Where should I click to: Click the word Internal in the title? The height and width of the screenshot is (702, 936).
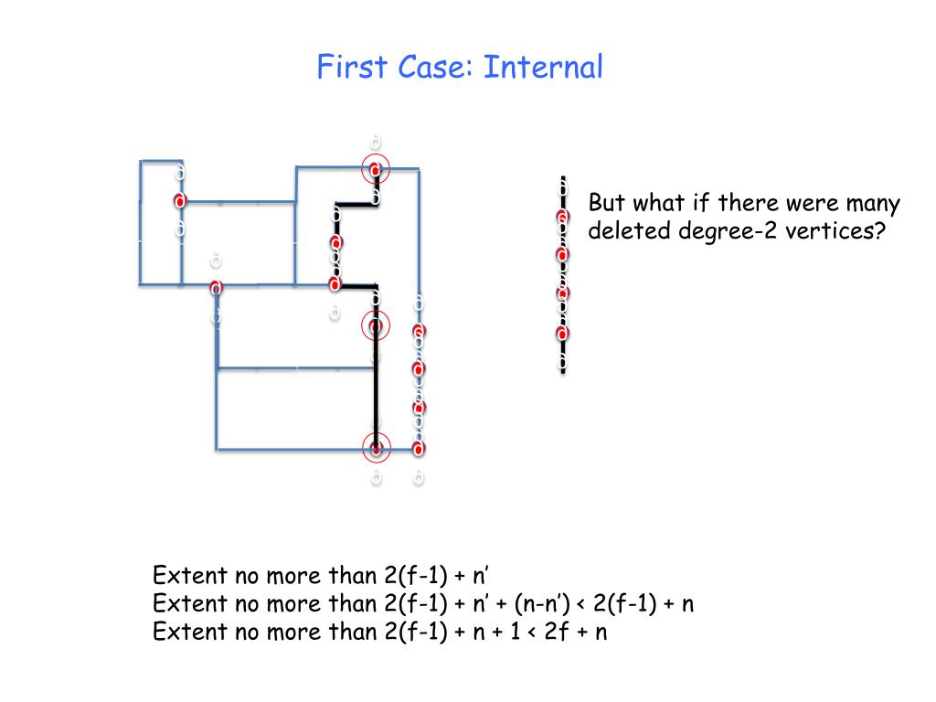pos(544,67)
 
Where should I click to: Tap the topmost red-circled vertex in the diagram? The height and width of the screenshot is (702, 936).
pos(376,168)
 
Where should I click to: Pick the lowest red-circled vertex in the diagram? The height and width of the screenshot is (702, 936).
pos(376,448)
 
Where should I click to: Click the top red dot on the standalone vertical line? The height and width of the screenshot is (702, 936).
pos(562,217)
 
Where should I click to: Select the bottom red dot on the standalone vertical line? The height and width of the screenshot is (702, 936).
pos(562,333)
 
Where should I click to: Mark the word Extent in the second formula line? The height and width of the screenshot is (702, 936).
pos(189,603)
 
